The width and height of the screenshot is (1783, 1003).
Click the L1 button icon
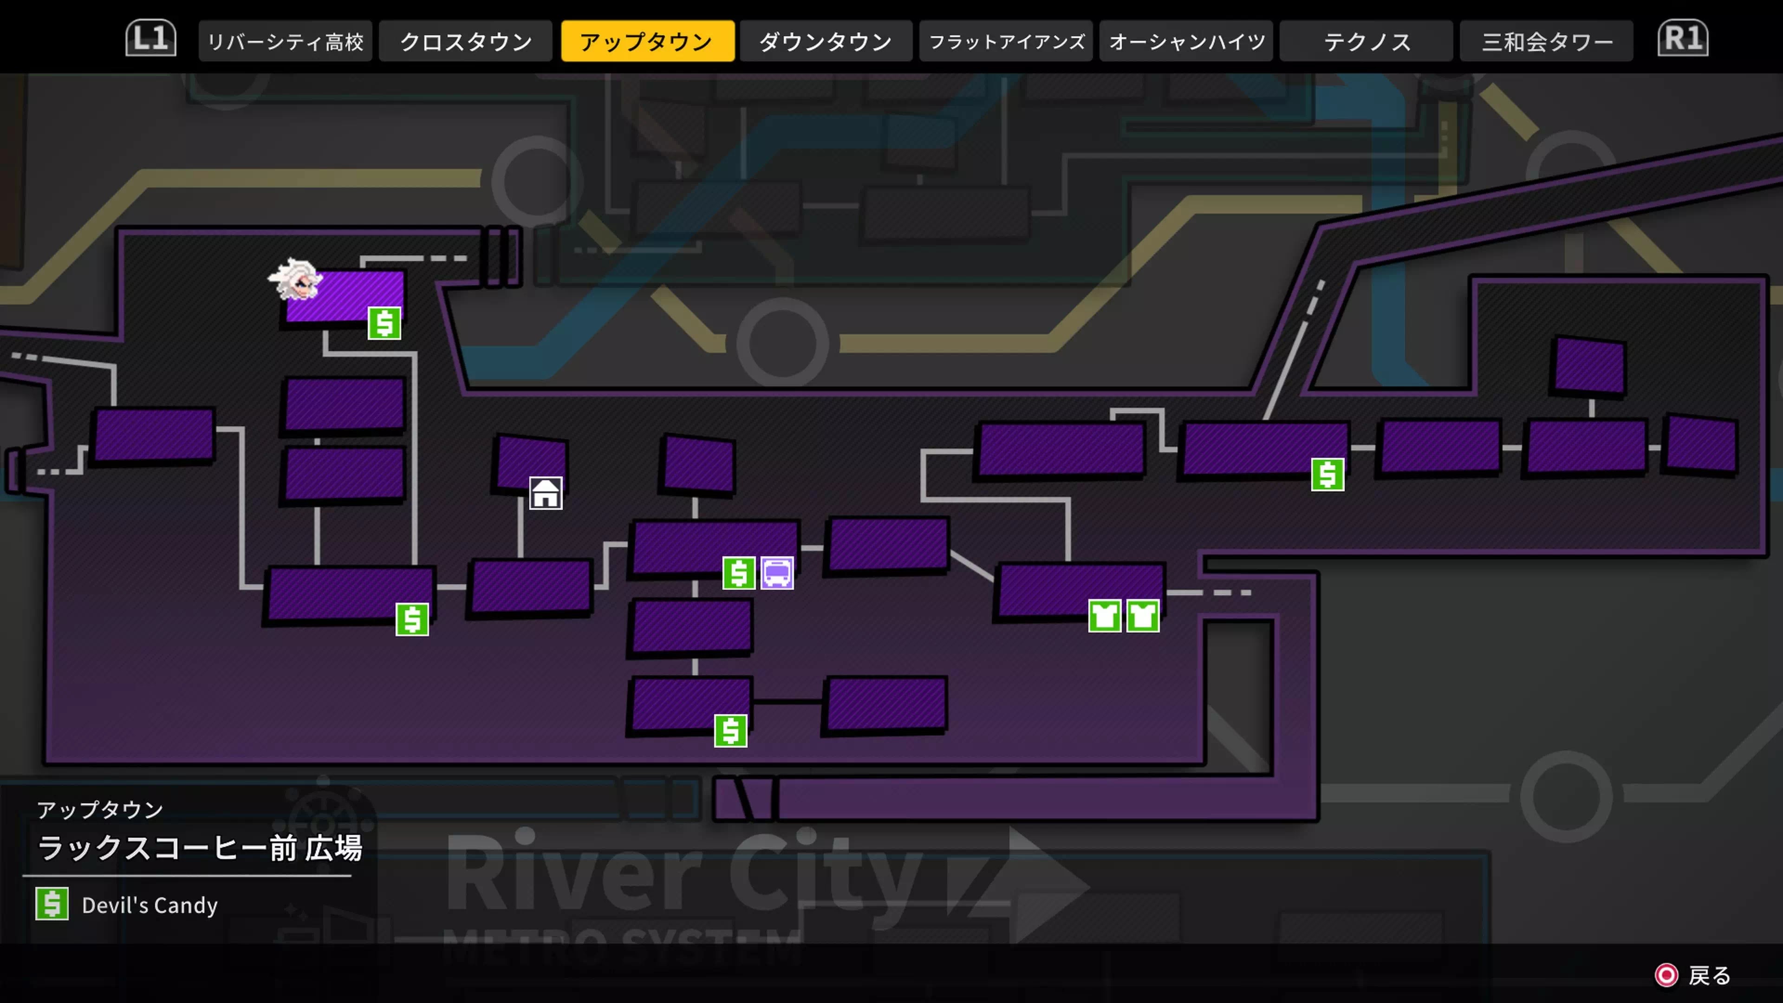pos(150,39)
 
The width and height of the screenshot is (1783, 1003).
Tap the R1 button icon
pos(1683,39)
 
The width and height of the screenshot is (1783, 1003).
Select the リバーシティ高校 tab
pos(285,41)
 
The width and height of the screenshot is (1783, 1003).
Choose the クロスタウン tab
pos(466,41)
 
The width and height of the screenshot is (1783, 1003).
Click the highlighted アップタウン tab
pos(647,41)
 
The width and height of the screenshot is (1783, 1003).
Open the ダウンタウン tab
pos(826,41)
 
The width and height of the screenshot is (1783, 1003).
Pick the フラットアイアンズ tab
pos(1006,41)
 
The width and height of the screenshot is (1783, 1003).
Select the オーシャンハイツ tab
pos(1186,41)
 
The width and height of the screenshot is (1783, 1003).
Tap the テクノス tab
pos(1367,41)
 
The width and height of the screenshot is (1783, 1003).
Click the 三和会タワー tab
pos(1547,41)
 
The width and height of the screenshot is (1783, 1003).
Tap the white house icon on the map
pos(546,494)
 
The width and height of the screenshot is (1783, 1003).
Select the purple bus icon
pos(777,573)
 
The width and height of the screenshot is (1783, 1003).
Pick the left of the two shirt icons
pos(1105,615)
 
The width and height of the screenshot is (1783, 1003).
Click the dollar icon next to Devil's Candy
pos(52,904)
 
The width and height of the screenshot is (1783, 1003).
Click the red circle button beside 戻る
pos(1666,975)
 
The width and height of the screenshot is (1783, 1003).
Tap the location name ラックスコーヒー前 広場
pos(199,848)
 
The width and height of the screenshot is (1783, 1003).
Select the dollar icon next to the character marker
pos(384,323)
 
